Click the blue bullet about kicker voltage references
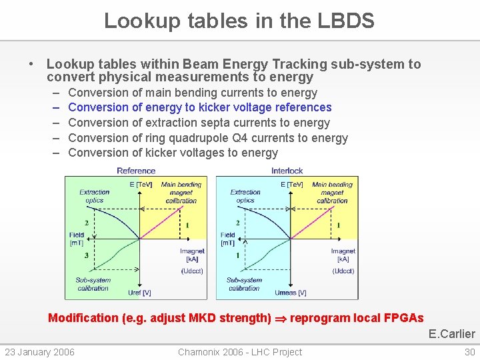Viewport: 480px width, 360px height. (199, 107)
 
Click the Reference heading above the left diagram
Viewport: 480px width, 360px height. (136, 171)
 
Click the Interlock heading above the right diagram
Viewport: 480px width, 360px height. (287, 171)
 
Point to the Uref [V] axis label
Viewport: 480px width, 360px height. (139, 293)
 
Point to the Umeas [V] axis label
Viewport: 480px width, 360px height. (290, 293)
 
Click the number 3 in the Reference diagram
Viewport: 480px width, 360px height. (86, 255)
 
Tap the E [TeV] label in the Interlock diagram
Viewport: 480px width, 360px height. (291, 185)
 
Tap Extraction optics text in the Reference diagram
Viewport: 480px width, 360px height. (94, 196)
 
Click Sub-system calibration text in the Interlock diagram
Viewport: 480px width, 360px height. (244, 284)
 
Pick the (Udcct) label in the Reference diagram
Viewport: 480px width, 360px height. (192, 271)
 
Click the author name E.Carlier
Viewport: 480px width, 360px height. (451, 334)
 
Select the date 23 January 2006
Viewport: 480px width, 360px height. (40, 352)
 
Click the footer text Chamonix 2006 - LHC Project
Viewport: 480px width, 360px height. (239, 352)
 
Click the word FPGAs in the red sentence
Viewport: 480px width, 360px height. (404, 318)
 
